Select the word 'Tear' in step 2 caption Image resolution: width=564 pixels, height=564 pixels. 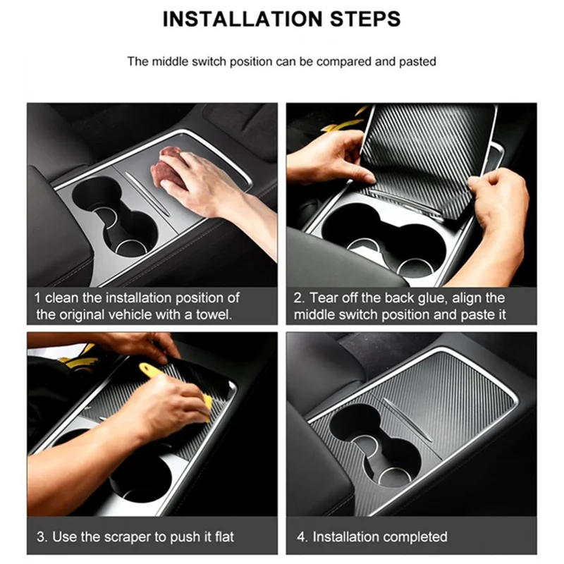click(x=325, y=298)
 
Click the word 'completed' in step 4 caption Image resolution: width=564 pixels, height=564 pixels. click(x=411, y=537)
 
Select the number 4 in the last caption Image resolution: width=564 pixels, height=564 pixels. click(x=300, y=537)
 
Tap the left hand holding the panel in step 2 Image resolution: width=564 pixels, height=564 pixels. click(x=328, y=155)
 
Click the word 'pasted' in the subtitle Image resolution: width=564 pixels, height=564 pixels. click(x=417, y=61)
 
